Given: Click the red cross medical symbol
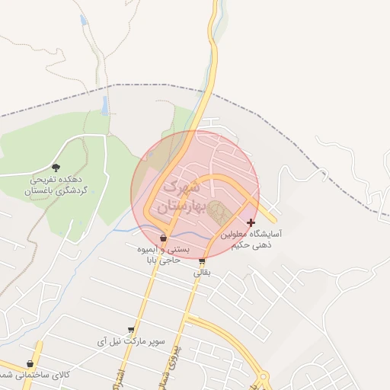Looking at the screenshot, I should (x=251, y=222).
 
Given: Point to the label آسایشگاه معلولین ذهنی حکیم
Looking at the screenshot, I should (x=252, y=241).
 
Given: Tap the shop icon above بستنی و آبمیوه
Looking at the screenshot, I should (x=163, y=237).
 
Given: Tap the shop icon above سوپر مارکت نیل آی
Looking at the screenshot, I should (x=131, y=330).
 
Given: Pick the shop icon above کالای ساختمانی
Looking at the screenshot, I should (x=30, y=364).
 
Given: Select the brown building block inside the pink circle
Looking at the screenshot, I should (x=219, y=212).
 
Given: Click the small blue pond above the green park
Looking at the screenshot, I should (x=104, y=104).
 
